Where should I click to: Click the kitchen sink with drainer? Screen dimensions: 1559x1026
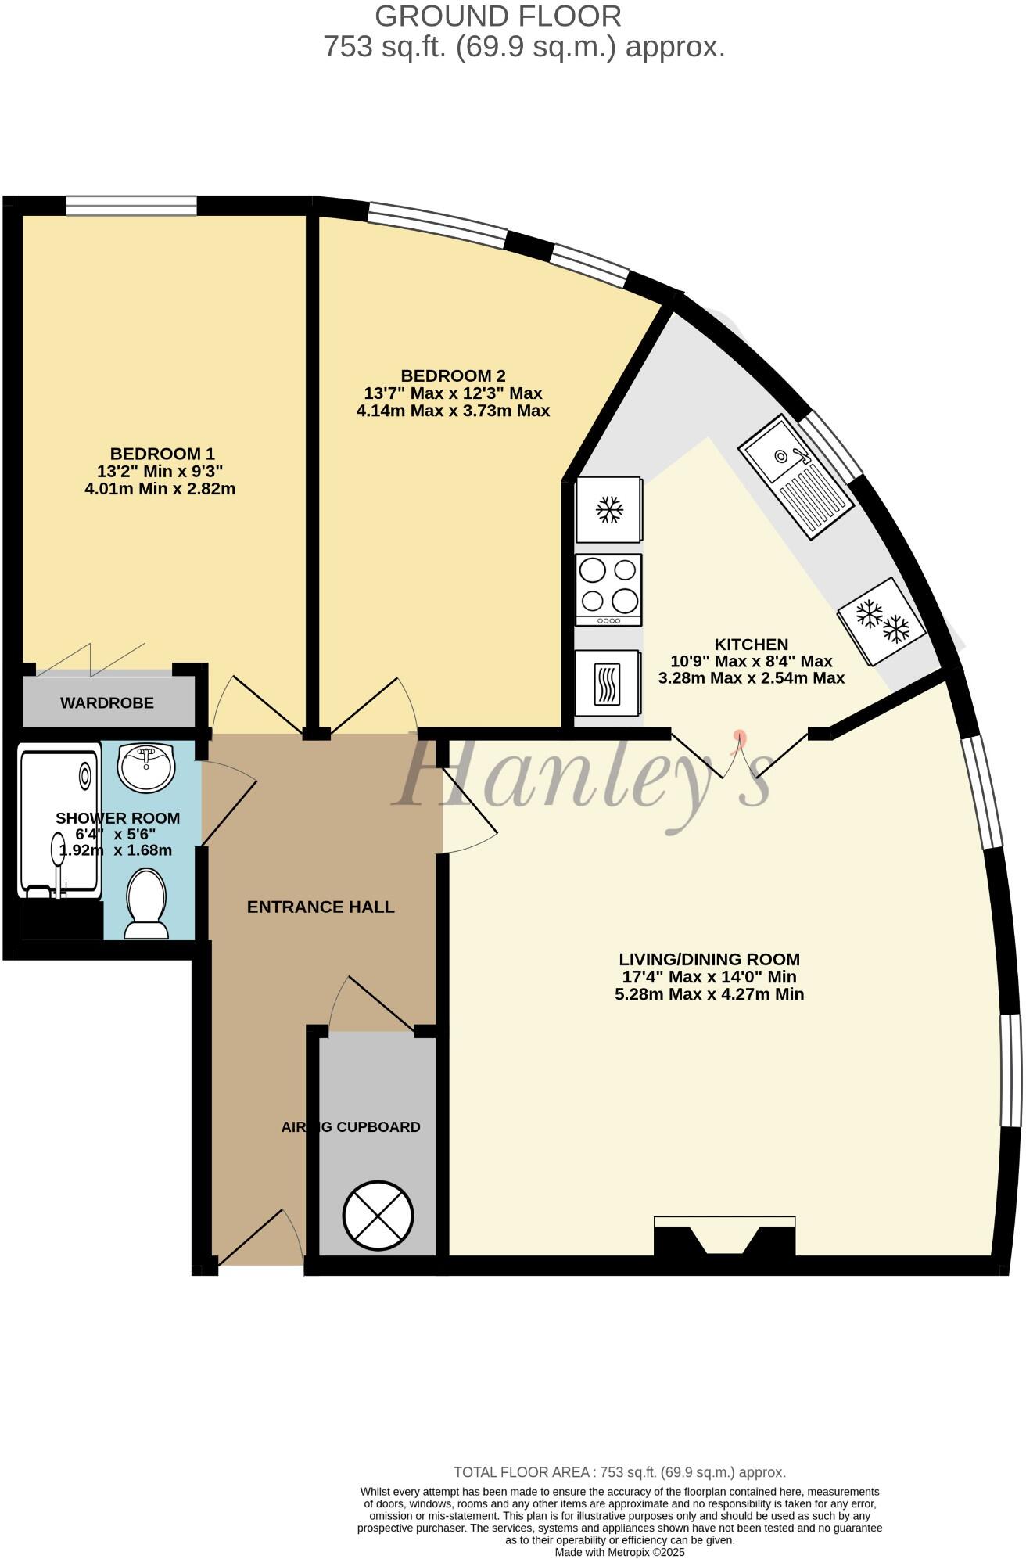797,476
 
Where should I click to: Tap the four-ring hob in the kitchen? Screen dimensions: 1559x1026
608,590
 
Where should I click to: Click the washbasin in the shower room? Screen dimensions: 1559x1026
145,767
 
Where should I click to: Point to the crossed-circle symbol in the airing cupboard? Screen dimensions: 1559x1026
378,1215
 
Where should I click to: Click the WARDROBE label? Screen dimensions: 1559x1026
107,702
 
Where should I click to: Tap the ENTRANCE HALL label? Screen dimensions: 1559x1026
321,907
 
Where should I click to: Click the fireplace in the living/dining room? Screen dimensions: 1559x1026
724,1238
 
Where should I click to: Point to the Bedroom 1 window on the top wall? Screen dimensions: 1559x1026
131,205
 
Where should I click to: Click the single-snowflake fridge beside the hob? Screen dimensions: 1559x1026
609,510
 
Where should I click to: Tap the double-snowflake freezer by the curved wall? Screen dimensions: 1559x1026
881,621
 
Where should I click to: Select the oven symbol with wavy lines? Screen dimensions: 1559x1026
608,684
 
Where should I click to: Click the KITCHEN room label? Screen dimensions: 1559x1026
751,644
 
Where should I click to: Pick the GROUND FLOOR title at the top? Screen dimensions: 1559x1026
498,16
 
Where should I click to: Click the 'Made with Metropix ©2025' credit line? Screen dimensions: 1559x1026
619,1552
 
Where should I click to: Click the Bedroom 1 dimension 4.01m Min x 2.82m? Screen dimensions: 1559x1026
160,489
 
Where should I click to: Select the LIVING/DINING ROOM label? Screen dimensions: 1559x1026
709,959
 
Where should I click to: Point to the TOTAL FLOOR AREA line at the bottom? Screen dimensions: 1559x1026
619,1472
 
